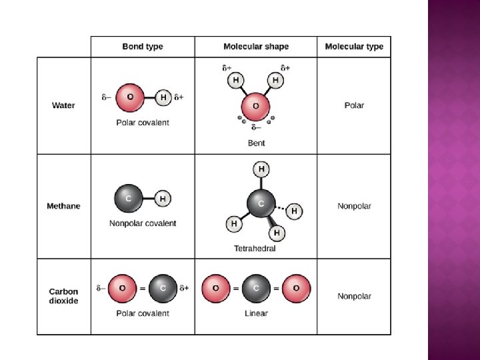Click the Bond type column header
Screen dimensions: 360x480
[143, 47]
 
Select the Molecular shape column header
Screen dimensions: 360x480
[256, 47]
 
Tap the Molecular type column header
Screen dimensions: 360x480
[354, 47]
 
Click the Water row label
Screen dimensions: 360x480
[63, 105]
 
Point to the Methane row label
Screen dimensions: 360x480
[63, 206]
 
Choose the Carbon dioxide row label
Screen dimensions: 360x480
[63, 296]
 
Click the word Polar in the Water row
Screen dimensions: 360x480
[354, 105]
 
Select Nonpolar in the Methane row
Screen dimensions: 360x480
[354, 206]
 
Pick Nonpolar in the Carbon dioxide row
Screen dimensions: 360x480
[354, 296]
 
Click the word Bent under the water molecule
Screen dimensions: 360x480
[256, 143]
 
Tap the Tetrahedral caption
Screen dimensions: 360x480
[255, 249]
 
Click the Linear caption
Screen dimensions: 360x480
[256, 313]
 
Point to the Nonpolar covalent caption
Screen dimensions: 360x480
[143, 223]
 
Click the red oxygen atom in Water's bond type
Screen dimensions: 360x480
[130, 97]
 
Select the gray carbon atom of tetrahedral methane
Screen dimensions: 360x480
[261, 203]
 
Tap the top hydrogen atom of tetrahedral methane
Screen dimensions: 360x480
[261, 169]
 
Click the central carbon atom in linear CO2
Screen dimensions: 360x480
[256, 288]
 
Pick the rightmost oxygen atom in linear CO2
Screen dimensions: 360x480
[296, 288]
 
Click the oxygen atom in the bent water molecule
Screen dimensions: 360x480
[255, 107]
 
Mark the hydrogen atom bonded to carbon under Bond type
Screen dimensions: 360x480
[163, 198]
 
